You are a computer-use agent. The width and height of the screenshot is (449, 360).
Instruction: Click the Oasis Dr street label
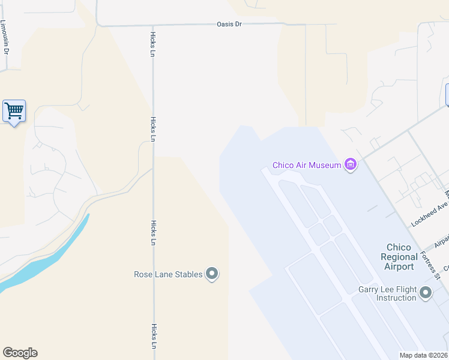click(229, 25)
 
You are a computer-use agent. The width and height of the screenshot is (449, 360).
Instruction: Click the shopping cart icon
click(14, 111)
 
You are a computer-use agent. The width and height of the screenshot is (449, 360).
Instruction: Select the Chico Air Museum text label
click(307, 165)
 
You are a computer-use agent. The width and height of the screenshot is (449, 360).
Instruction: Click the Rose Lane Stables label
click(168, 275)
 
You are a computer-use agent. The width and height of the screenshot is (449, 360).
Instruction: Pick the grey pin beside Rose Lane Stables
click(211, 274)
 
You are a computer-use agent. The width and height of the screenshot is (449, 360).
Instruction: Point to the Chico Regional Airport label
click(399, 257)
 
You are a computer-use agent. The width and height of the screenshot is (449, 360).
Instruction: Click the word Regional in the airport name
click(399, 257)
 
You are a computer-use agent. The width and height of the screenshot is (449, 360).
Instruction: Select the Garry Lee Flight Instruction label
click(396, 293)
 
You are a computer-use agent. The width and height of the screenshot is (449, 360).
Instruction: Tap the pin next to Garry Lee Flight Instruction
click(426, 293)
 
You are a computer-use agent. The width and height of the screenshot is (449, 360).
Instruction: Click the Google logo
click(20, 353)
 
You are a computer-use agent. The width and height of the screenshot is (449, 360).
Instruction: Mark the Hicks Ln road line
click(154, 180)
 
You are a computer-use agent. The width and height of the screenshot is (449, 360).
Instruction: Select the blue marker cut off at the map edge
click(447, 95)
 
